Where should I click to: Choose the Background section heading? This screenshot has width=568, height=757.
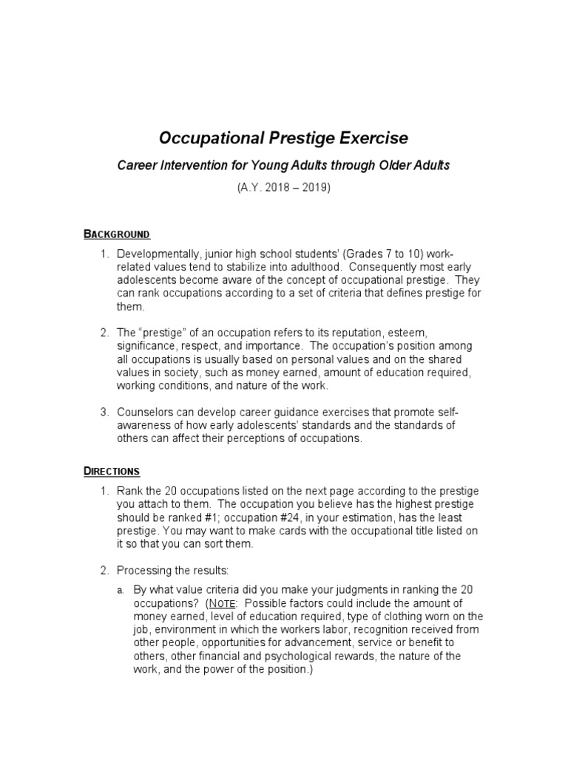pos(116,234)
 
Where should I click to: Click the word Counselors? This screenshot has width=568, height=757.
pos(146,412)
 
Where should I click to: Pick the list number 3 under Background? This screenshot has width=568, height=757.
pos(105,412)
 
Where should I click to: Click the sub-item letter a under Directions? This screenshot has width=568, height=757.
pos(120,590)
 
